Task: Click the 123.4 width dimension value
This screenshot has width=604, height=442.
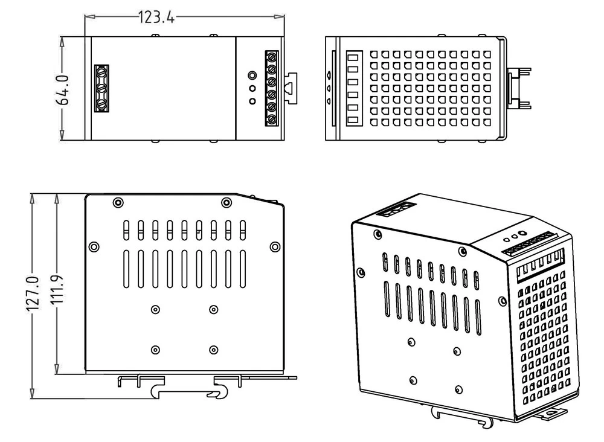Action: click(156, 18)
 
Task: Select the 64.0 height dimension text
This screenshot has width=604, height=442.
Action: click(62, 90)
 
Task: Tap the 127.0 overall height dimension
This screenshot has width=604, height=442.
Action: click(33, 294)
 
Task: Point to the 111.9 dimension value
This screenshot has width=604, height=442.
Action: click(58, 289)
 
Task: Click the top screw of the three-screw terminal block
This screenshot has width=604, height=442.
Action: click(101, 72)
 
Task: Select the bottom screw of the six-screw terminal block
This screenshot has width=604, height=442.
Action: click(272, 120)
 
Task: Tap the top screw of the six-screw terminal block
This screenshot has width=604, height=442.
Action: click(272, 57)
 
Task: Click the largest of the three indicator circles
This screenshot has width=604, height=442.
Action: click(252, 75)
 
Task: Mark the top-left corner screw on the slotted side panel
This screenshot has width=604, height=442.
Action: click(118, 202)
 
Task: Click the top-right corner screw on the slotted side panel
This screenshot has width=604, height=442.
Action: click(226, 202)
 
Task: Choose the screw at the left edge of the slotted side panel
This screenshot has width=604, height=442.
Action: click(94, 247)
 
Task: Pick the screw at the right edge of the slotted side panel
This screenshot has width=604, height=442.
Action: click(275, 247)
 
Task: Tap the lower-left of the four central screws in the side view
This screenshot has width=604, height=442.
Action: click(155, 350)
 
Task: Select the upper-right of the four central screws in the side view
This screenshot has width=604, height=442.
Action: click(213, 310)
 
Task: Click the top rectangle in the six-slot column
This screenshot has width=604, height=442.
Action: click(353, 58)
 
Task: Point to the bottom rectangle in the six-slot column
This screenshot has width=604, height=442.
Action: click(353, 120)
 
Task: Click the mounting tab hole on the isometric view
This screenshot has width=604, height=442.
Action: click(552, 413)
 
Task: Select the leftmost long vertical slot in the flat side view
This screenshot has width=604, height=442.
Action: click(126, 269)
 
